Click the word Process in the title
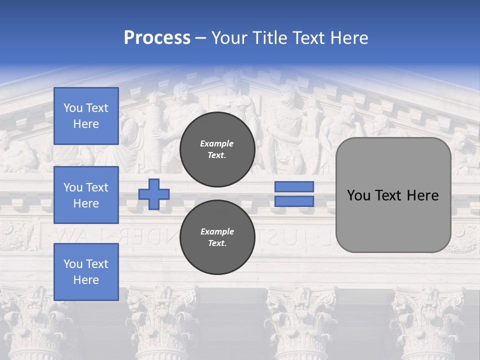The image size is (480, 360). point(157,38)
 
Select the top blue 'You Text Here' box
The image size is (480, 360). point(86,116)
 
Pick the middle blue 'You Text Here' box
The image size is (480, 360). point(86,195)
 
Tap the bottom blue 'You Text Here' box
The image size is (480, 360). point(86,271)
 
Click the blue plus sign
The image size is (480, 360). point(154,194)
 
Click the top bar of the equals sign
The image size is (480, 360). point(294,186)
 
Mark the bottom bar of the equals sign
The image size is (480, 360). point(294,201)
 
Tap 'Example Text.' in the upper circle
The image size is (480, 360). point(217,149)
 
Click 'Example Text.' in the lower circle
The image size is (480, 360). point(217,237)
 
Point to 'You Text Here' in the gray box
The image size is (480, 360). point(393,195)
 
